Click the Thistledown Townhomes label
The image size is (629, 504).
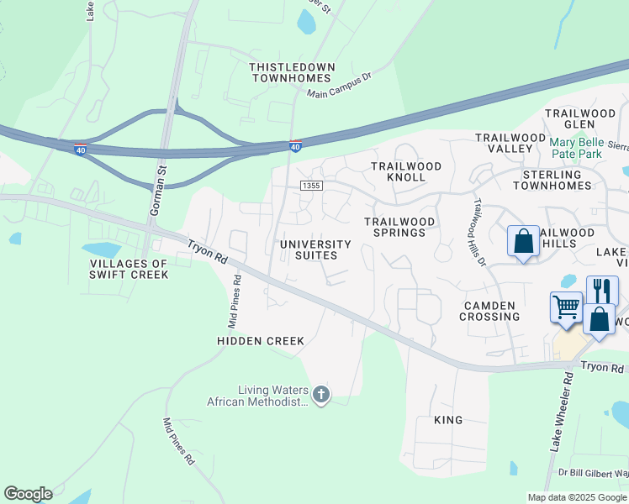tap(293, 72)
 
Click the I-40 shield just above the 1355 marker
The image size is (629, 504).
tap(295, 146)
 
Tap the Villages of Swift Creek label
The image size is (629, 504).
tap(129, 269)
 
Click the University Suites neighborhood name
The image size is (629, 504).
tap(309, 249)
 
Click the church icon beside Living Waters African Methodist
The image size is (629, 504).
tap(320, 394)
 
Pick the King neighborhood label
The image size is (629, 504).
tap(448, 419)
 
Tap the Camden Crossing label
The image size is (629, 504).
tap(489, 311)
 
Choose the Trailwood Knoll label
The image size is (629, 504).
tap(406, 171)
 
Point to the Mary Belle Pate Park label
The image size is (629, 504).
tap(587, 148)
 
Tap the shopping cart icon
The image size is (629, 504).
tap(567, 307)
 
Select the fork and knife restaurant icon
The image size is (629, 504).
tap(601, 291)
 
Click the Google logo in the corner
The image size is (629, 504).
tap(28, 494)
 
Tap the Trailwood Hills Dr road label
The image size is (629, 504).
tap(480, 232)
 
